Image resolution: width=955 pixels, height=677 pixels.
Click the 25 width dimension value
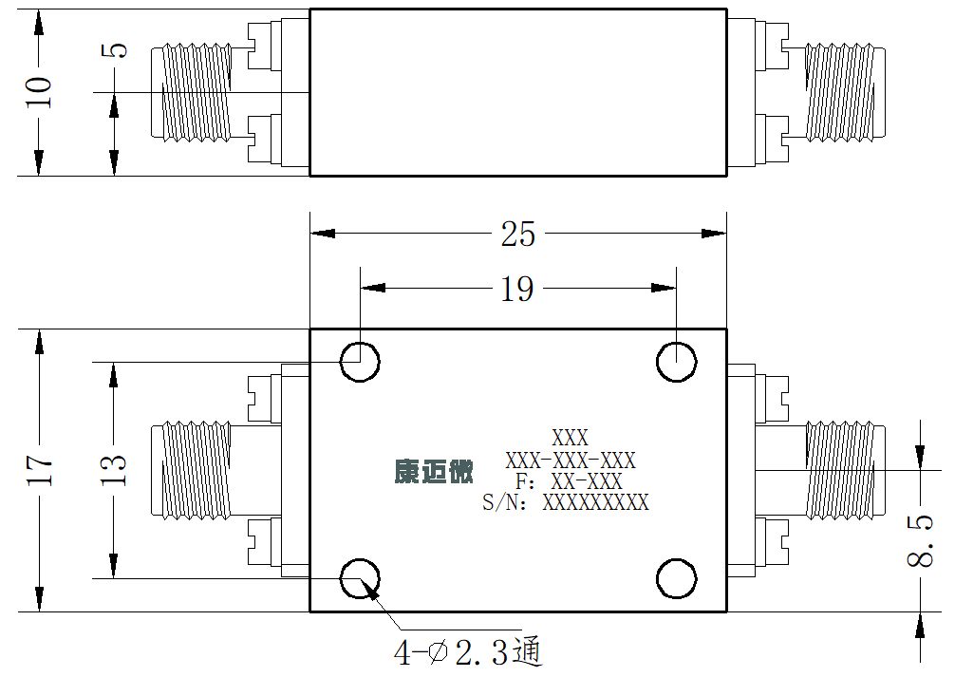pyautogui.click(x=517, y=234)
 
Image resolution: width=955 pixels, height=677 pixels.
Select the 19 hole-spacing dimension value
pyautogui.click(x=517, y=289)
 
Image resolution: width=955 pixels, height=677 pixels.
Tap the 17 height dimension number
pyautogui.click(x=40, y=470)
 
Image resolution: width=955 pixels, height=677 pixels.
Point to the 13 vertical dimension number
pyautogui.click(x=113, y=470)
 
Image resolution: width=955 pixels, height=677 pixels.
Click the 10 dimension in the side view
pyautogui.click(x=39, y=92)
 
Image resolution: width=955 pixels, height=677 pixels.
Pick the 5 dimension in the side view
pyautogui.click(x=114, y=50)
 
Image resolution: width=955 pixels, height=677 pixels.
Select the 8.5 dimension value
pyautogui.click(x=920, y=541)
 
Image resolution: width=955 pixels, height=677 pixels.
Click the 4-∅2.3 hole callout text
pyautogui.click(x=468, y=652)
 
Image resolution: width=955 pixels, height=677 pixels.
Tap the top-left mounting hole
pyautogui.click(x=360, y=362)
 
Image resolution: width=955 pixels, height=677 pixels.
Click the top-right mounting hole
pyautogui.click(x=676, y=362)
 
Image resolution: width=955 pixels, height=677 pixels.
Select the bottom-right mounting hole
pyautogui.click(x=676, y=578)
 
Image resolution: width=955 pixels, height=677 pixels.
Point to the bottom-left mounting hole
pyautogui.click(x=360, y=578)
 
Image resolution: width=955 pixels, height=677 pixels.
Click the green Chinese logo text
pyautogui.click(x=434, y=471)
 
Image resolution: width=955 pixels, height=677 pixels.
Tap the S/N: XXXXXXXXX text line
pyautogui.click(x=565, y=502)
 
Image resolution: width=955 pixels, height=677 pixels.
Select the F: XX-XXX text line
pyautogui.click(x=569, y=481)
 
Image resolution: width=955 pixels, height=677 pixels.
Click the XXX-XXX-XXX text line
pyautogui.click(x=571, y=461)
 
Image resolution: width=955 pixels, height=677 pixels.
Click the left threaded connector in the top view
pyautogui.click(x=191, y=93)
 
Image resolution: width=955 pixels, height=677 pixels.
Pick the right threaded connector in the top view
pyautogui.click(x=846, y=93)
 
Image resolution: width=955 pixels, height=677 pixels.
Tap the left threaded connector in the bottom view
pyautogui.click(x=191, y=470)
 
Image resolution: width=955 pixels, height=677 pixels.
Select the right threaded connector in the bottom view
pyautogui.click(x=846, y=470)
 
